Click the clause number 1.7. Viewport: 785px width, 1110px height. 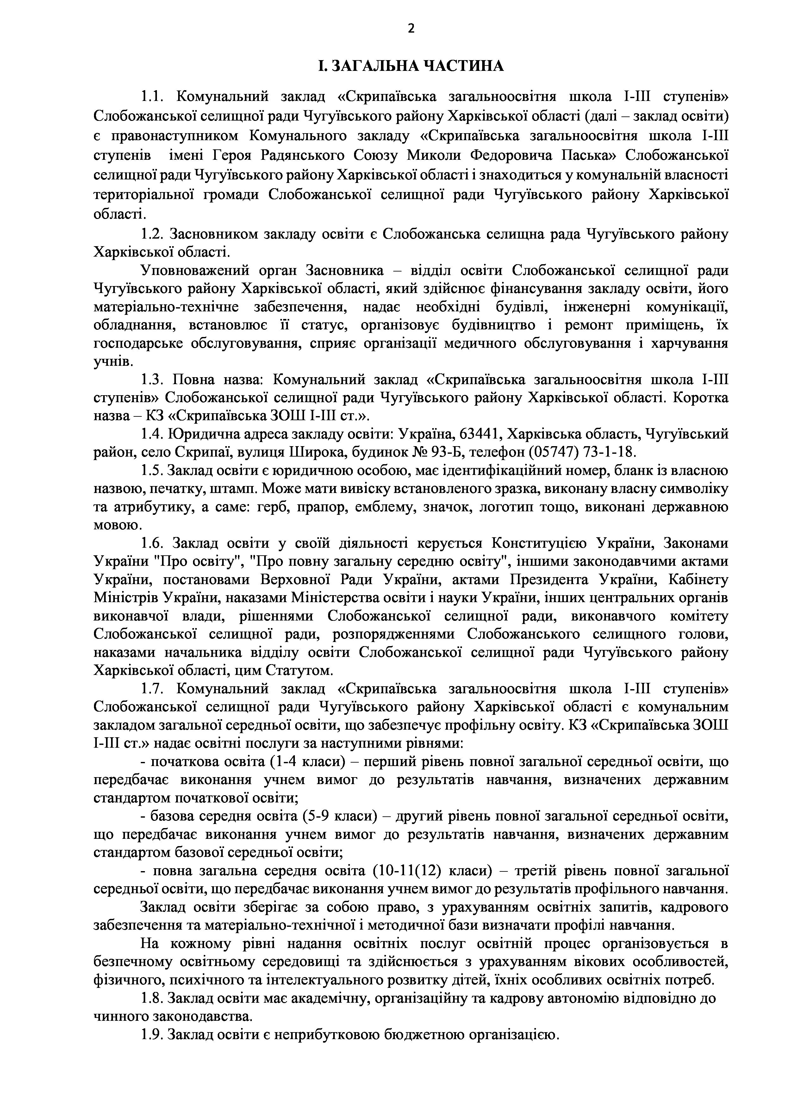point(153,689)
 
